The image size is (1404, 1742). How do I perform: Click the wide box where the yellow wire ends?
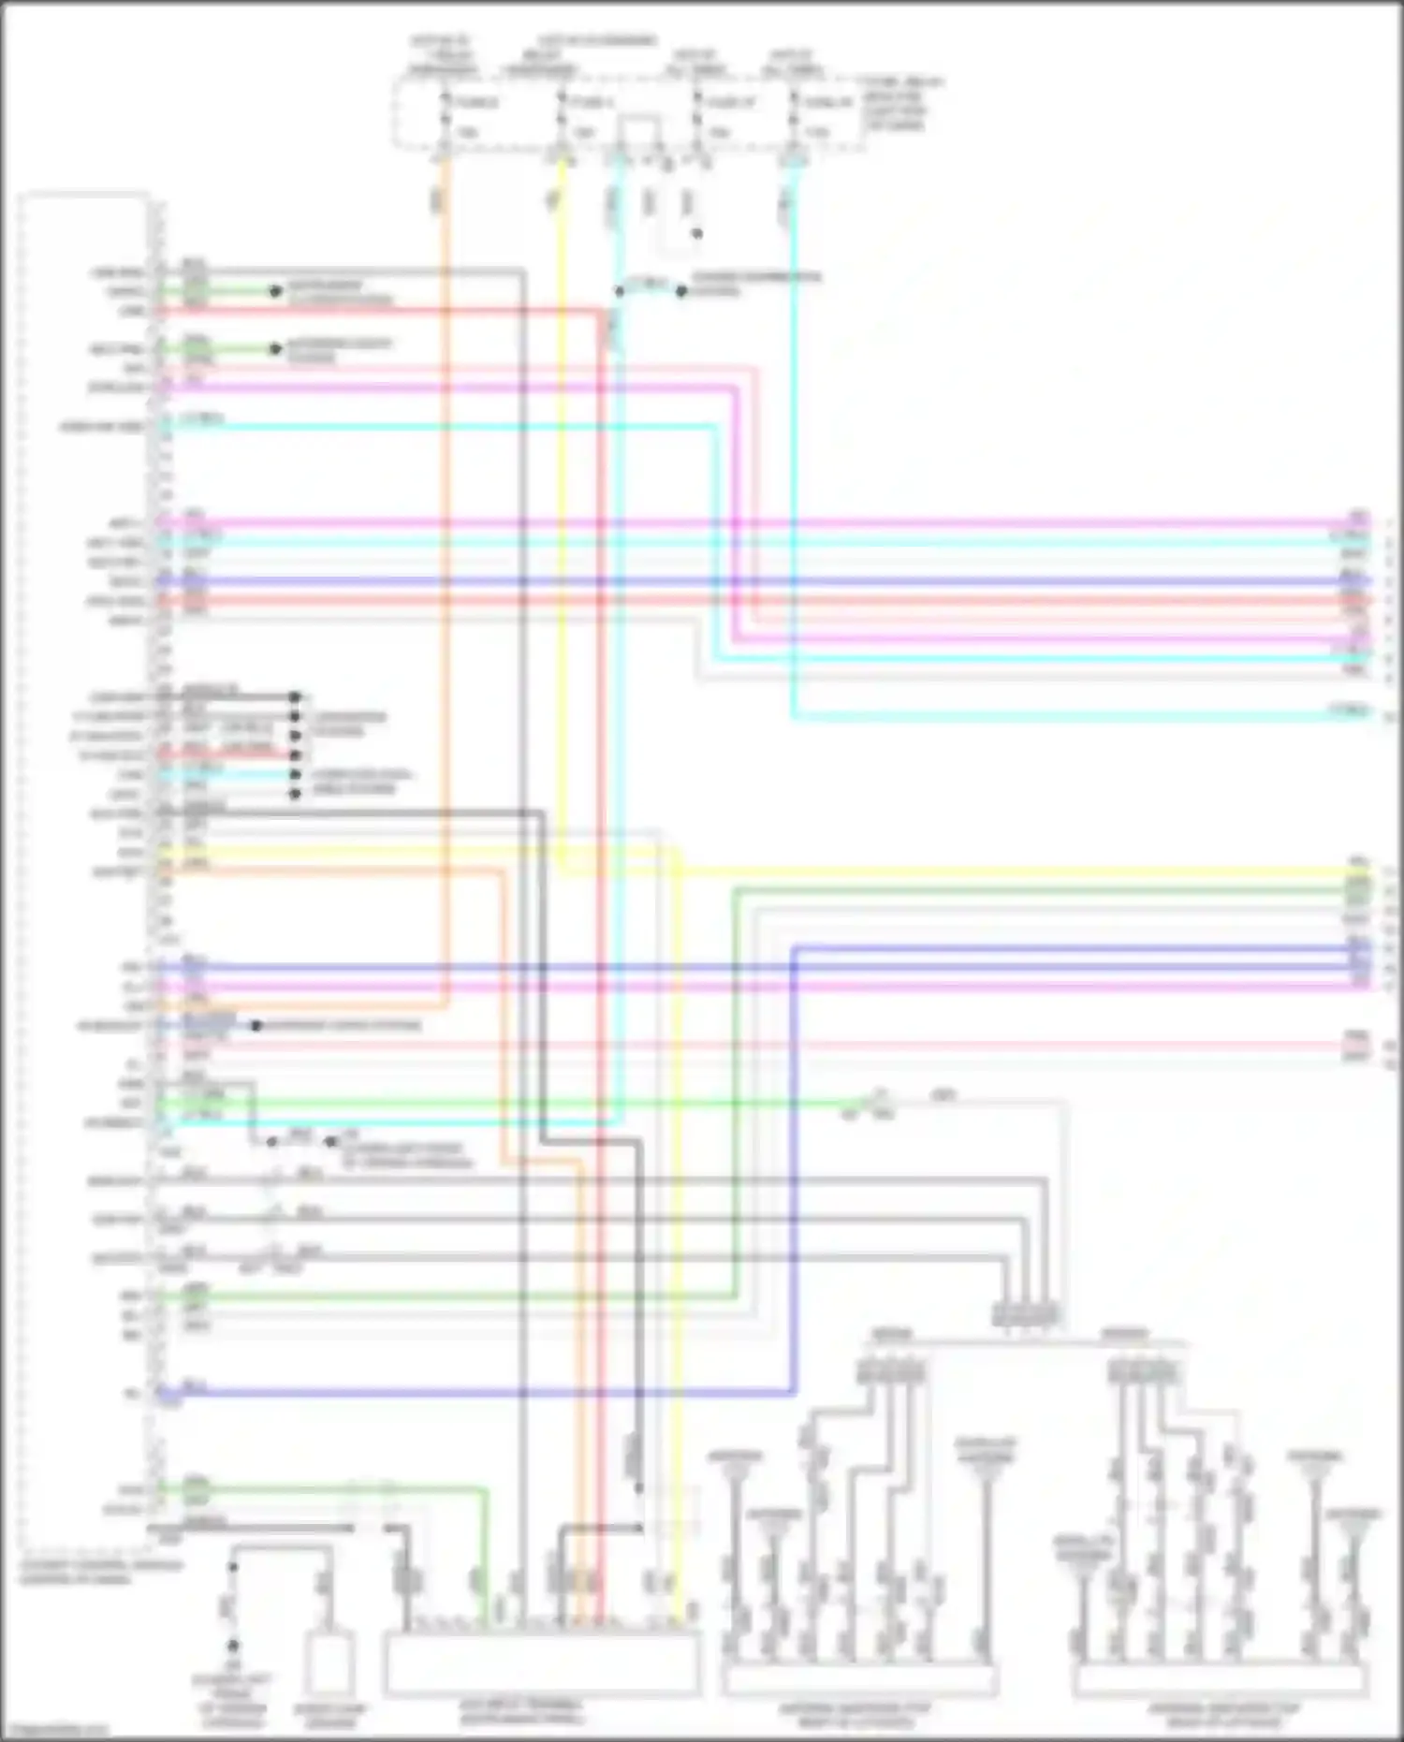point(541,1664)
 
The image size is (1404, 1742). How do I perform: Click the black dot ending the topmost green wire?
point(275,291)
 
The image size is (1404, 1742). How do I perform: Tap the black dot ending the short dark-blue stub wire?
point(256,1025)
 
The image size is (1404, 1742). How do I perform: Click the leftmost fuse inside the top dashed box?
point(445,117)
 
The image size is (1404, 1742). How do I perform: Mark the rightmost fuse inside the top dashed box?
point(794,117)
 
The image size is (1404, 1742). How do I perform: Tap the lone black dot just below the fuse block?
point(696,233)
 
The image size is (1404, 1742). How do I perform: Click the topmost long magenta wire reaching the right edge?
point(749,522)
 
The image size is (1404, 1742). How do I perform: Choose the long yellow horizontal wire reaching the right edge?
point(936,872)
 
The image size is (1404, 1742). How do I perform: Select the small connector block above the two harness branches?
point(1026,1315)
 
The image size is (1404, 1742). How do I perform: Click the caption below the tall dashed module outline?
point(101,1572)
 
